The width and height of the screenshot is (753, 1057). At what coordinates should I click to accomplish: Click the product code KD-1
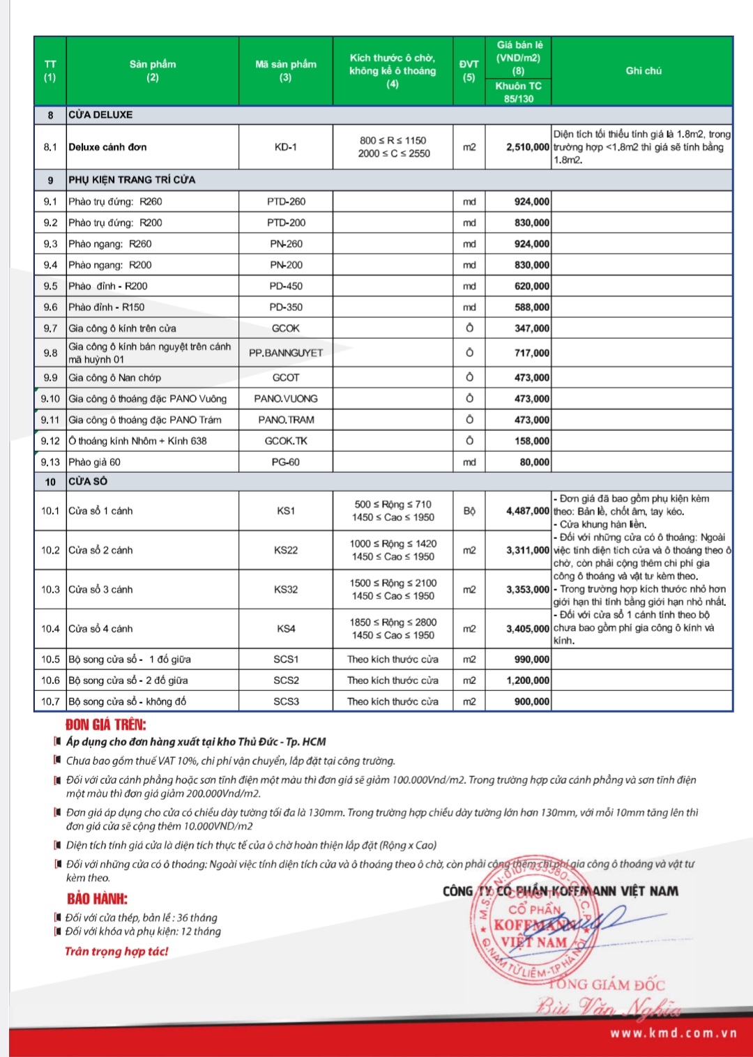pyautogui.click(x=286, y=147)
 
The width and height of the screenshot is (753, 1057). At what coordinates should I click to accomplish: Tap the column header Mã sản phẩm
pyautogui.click(x=286, y=70)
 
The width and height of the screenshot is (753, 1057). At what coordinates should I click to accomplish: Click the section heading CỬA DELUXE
pyautogui.click(x=100, y=115)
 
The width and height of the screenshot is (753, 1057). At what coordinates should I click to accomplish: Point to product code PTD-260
pyautogui.click(x=286, y=201)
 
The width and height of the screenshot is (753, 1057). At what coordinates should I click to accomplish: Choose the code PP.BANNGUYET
pyautogui.click(x=286, y=353)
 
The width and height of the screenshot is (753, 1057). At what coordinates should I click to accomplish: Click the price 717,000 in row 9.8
pyautogui.click(x=532, y=353)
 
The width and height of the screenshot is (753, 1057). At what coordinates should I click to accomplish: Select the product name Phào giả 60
pyautogui.click(x=95, y=462)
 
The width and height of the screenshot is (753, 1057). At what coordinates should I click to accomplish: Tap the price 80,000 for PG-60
pyautogui.click(x=535, y=462)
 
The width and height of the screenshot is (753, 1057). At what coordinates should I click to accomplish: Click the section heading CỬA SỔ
pyautogui.click(x=88, y=481)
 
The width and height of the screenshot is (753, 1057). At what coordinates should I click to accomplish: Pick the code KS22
pyautogui.click(x=286, y=550)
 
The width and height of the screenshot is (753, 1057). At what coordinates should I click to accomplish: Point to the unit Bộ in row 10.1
pyautogui.click(x=469, y=511)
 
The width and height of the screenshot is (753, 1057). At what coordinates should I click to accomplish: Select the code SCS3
pyautogui.click(x=286, y=701)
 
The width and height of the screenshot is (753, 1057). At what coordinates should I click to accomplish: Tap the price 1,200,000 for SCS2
pyautogui.click(x=528, y=680)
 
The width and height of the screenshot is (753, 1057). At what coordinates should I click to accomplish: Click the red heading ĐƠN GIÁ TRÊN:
pyautogui.click(x=106, y=724)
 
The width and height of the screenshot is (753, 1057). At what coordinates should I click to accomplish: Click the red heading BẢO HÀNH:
pyautogui.click(x=98, y=899)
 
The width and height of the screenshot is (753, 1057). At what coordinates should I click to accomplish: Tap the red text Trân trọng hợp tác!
pyautogui.click(x=116, y=951)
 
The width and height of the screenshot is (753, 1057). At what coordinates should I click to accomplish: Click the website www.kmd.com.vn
pyautogui.click(x=673, y=1033)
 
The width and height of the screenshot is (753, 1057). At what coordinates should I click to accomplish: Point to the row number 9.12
pyautogui.click(x=50, y=441)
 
